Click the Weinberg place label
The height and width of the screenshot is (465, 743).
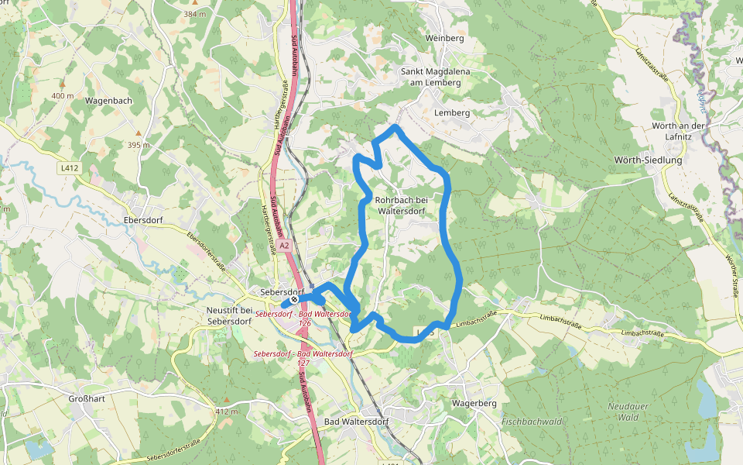(444, 38)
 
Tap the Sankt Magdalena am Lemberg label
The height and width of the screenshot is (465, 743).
(435, 77)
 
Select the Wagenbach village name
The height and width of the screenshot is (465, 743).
(109, 101)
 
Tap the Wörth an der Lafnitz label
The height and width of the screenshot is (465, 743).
(678, 131)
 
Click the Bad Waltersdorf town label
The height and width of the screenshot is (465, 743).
(356, 422)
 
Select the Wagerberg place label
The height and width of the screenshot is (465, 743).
(473, 404)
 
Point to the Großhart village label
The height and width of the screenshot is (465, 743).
(87, 399)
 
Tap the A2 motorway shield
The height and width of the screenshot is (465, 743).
(284, 246)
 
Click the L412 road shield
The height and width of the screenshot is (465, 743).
(69, 167)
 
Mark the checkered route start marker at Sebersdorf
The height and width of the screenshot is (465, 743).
(295, 301)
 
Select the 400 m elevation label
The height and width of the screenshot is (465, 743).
(63, 96)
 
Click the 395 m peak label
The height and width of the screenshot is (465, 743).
(139, 145)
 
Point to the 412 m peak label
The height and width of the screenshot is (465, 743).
(228, 412)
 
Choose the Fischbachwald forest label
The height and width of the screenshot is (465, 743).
(531, 422)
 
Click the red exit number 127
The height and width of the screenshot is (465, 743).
(303, 362)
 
